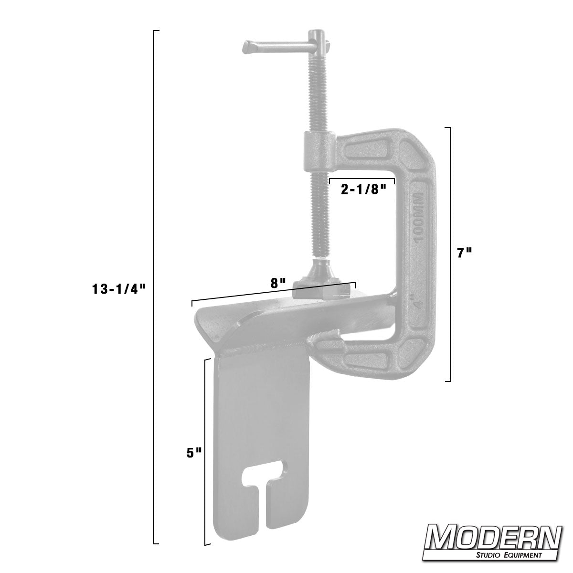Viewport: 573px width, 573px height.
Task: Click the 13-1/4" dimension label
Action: coord(119,288)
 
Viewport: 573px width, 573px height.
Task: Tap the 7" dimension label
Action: coord(464,254)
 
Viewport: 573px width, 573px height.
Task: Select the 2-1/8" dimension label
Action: coord(362,190)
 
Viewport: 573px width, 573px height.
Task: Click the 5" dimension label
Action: coord(193,453)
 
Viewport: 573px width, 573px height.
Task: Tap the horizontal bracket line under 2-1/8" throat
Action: coord(361,180)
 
